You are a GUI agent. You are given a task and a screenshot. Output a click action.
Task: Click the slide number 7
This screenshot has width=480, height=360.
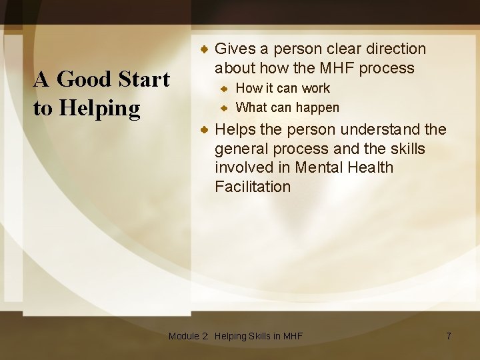449,336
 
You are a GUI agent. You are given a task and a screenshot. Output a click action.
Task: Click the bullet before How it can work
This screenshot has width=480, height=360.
225,88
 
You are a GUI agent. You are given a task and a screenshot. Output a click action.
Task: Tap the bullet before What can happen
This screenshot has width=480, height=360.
225,107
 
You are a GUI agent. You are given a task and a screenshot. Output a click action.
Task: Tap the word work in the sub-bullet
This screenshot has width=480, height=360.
315,88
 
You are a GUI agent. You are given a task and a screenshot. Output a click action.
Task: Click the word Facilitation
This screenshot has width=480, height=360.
253,187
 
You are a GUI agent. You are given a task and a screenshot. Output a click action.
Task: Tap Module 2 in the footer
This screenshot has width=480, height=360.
188,336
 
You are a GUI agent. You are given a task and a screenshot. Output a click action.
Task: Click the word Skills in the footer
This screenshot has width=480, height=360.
260,336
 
